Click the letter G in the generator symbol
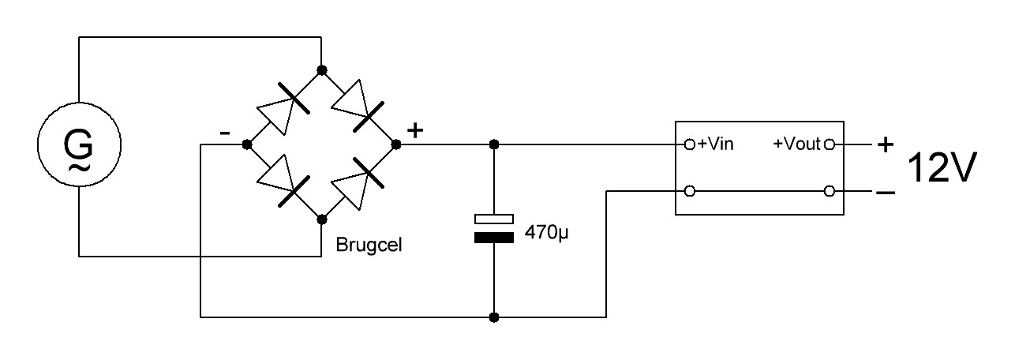pyautogui.click(x=78, y=144)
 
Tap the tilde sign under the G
pyautogui.click(x=79, y=168)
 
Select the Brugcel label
pyautogui.click(x=369, y=246)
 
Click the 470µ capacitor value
pyautogui.click(x=546, y=233)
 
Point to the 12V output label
pyautogui.click(x=942, y=167)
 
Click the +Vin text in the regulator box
pyautogui.click(x=716, y=144)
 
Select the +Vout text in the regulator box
pyautogui.click(x=796, y=144)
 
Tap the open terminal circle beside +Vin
pyautogui.click(x=690, y=144)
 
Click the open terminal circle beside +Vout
pyautogui.click(x=830, y=144)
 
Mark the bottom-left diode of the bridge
pyautogui.click(x=283, y=182)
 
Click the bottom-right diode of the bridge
pyautogui.click(x=358, y=183)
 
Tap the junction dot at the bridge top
pyautogui.click(x=322, y=69)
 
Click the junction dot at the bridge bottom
pyautogui.click(x=322, y=219)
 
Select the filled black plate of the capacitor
pyautogui.click(x=494, y=238)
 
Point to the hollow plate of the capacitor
pyautogui.click(x=494, y=219)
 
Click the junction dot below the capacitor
pyautogui.click(x=494, y=317)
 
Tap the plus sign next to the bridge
pyautogui.click(x=415, y=130)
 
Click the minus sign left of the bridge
pyautogui.click(x=225, y=133)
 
